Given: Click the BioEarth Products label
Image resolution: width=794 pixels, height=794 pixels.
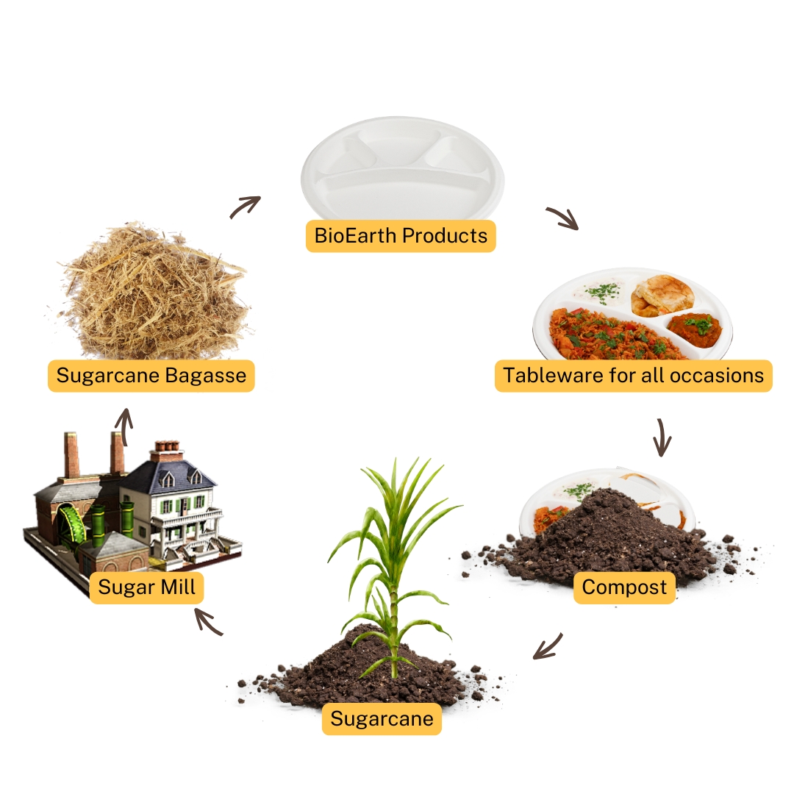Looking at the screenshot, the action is [x=401, y=236].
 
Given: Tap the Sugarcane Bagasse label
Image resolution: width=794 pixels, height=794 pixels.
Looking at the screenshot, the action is [x=151, y=376].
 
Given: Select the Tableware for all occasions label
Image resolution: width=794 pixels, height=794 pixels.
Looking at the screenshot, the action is [x=634, y=376].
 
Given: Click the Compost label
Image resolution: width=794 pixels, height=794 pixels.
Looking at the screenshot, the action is [x=624, y=587].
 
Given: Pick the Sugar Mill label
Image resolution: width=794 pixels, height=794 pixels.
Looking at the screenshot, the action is [x=146, y=587].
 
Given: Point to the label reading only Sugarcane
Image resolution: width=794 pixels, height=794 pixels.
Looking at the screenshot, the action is [x=382, y=718].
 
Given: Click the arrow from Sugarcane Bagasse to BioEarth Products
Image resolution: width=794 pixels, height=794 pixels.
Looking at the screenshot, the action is [x=245, y=207].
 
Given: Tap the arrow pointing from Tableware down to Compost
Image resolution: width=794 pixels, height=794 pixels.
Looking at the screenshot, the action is [x=662, y=437].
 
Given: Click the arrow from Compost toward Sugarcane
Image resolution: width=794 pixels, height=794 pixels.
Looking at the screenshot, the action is [x=548, y=647].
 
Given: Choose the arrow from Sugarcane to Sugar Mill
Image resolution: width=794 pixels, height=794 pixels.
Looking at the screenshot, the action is [x=209, y=622].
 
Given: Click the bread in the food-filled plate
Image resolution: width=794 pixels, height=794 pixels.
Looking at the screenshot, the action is [x=662, y=296].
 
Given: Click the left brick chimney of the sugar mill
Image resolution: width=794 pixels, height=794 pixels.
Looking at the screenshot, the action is [x=71, y=455].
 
